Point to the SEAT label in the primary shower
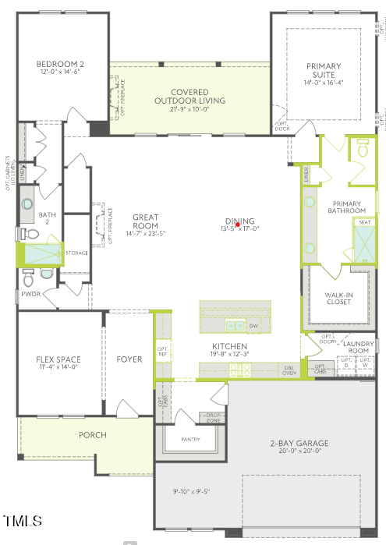(x=364, y=222)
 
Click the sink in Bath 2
(x=27, y=204)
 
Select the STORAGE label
(x=76, y=253)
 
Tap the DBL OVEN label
(x=289, y=370)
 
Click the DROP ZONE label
(x=212, y=417)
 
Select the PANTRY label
(x=189, y=439)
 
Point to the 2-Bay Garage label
(x=300, y=444)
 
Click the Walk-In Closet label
(x=339, y=297)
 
